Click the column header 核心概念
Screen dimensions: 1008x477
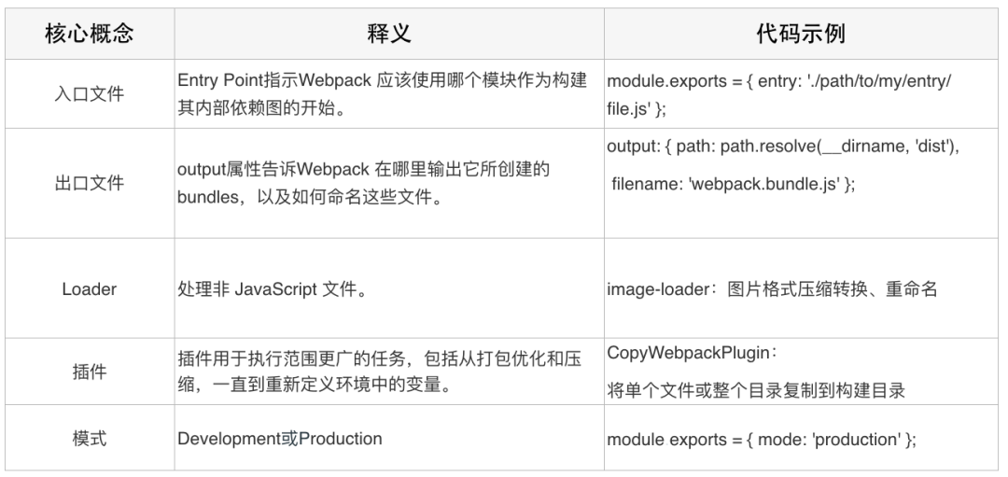click(x=90, y=35)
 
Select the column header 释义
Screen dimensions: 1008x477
click(x=388, y=35)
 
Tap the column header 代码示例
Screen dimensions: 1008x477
click(x=801, y=35)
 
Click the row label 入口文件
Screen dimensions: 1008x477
click(x=90, y=94)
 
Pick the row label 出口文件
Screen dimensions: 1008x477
click(x=90, y=183)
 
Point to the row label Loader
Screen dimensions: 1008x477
click(x=90, y=289)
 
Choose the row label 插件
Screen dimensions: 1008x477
click(x=90, y=372)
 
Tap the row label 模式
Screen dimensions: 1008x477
click(x=90, y=439)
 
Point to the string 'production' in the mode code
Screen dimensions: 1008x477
click(x=856, y=439)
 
